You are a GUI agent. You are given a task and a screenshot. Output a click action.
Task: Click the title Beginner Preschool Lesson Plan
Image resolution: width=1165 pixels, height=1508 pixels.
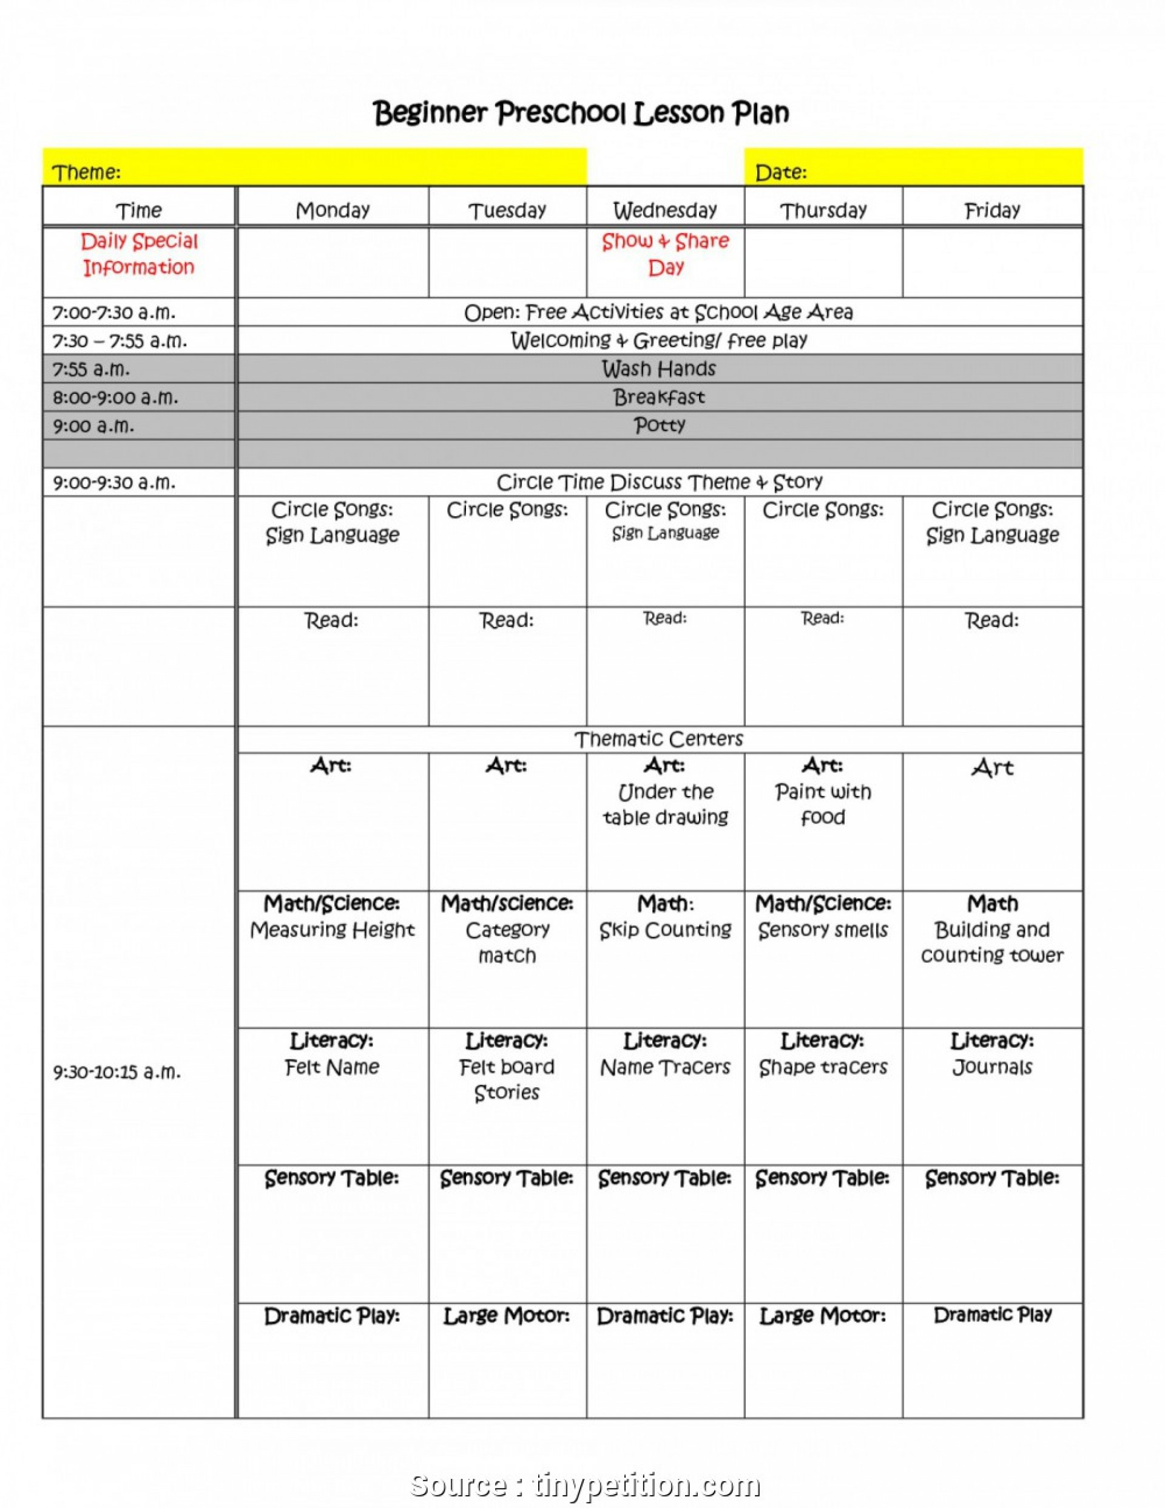581,112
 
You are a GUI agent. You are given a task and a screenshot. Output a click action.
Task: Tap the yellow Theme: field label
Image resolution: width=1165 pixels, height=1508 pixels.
87,172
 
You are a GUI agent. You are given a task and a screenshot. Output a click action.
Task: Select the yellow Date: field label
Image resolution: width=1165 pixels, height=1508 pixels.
780,172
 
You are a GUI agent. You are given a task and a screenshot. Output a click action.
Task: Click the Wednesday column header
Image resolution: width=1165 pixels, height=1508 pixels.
665,209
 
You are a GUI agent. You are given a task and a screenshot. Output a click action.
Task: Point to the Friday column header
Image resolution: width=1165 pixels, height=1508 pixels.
992,210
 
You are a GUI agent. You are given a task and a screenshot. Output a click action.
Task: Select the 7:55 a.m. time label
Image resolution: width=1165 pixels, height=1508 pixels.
91,369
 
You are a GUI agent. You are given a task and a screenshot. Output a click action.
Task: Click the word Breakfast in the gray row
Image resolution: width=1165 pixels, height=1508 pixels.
659,397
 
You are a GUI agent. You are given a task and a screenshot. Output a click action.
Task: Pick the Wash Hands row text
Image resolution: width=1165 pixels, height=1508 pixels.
659,369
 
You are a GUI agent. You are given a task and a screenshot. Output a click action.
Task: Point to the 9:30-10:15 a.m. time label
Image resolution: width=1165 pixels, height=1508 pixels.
117,1072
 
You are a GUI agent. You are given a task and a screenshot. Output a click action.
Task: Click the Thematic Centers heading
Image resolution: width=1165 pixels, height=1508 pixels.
659,739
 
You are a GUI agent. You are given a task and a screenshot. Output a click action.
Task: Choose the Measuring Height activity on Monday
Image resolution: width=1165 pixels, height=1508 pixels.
332,930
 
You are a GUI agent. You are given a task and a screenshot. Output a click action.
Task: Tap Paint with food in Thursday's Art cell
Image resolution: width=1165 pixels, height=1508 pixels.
823,804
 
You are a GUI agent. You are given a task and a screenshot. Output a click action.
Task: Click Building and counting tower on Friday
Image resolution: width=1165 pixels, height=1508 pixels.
992,942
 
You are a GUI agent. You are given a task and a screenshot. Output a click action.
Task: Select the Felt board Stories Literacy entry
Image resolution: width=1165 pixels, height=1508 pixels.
507,1080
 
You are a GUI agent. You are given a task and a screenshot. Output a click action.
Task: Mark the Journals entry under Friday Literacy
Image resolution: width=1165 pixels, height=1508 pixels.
992,1067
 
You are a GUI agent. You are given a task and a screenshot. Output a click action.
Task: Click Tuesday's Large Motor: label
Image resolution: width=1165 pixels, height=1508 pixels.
507,1316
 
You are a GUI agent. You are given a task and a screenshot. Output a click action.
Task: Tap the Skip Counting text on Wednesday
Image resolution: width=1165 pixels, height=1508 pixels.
665,930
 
